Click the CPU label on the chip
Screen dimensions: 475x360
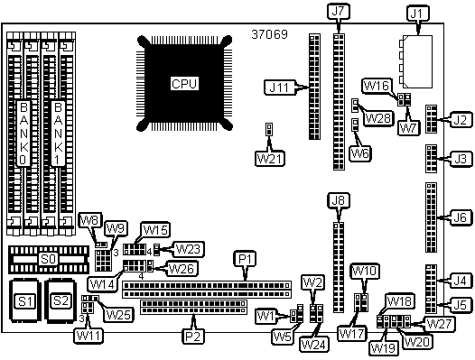pyautogui.click(x=184, y=84)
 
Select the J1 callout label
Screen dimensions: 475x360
pyautogui.click(x=417, y=14)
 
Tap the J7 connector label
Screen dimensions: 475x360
pyautogui.click(x=339, y=12)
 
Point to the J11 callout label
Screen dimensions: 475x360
pyautogui.click(x=279, y=88)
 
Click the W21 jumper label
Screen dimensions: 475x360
pyautogui.click(x=270, y=159)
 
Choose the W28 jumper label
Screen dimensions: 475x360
pyautogui.click(x=378, y=118)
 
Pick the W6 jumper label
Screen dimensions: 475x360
pyautogui.click(x=360, y=153)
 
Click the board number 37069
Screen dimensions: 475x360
pyautogui.click(x=269, y=34)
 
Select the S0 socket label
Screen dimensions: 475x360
pyautogui.click(x=49, y=259)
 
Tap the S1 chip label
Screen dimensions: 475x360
pyautogui.click(x=25, y=301)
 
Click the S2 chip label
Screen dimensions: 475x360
pyautogui.click(x=61, y=301)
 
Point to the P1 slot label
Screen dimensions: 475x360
pyautogui.click(x=246, y=259)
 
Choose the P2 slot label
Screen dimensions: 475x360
pyautogui.click(x=193, y=336)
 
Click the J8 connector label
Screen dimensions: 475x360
pyautogui.click(x=339, y=200)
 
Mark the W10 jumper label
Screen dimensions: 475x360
pyautogui.click(x=365, y=271)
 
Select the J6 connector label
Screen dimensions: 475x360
pyautogui.click(x=461, y=217)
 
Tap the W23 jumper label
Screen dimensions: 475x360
pyautogui.click(x=188, y=249)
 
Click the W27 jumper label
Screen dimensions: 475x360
pyautogui.click(x=439, y=324)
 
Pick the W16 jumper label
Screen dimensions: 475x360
pyautogui.click(x=377, y=86)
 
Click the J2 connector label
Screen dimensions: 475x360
pyautogui.click(x=461, y=120)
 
